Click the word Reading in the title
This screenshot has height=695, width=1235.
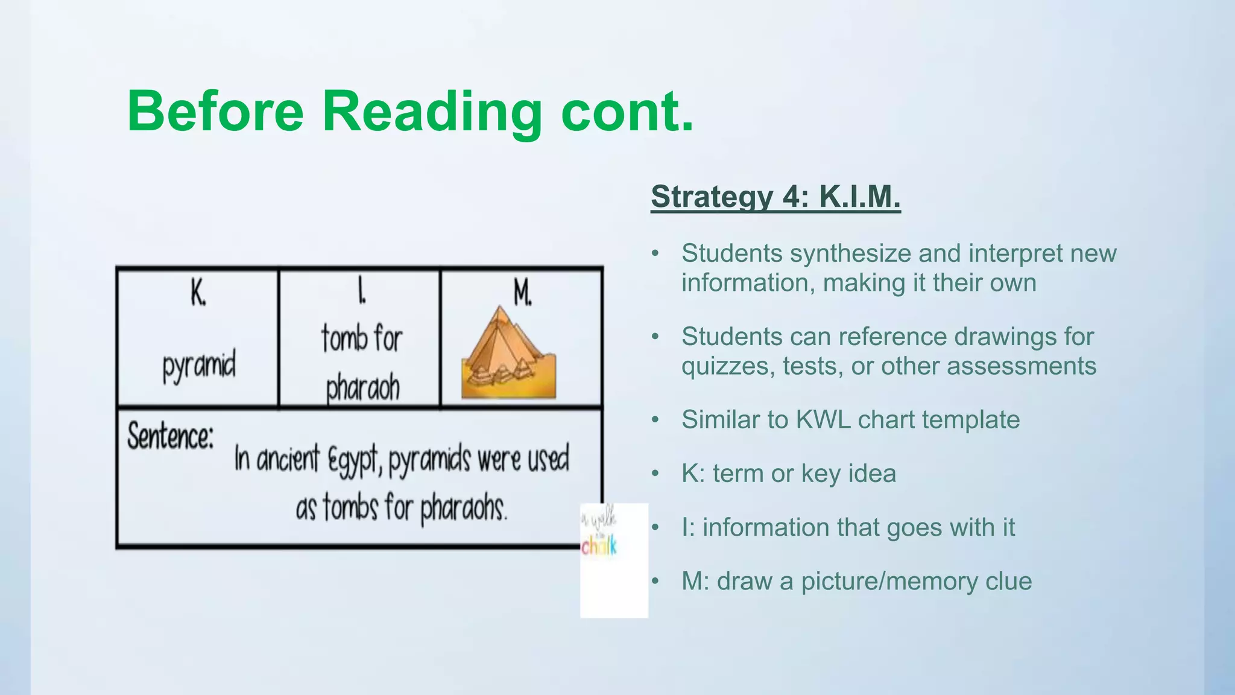pos(432,112)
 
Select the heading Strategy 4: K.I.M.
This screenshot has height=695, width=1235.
pos(775,197)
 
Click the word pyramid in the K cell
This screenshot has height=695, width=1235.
pos(198,366)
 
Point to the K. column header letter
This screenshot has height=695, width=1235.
pos(198,294)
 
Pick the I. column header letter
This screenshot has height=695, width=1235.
pos(361,293)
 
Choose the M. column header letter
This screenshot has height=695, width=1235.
pos(522,294)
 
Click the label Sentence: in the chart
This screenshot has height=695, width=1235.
pos(171,436)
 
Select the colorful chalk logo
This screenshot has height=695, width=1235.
pos(599,546)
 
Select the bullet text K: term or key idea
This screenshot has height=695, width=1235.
pos(789,474)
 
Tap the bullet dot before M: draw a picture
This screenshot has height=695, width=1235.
pos(656,582)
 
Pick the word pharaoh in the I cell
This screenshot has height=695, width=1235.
pos(362,388)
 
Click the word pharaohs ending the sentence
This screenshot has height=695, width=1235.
pos(463,509)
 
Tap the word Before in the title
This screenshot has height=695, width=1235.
pos(215,112)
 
